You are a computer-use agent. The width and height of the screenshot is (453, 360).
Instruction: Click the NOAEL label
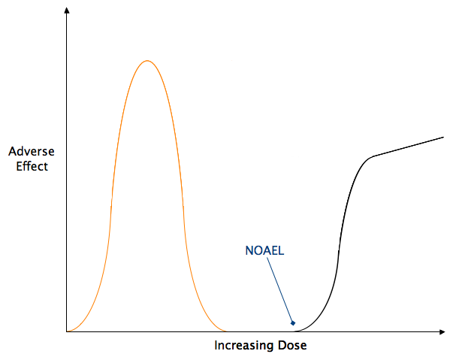point(264,251)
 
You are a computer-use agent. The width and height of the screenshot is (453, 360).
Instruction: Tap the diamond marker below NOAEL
point(293,323)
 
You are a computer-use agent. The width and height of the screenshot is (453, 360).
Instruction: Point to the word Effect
point(32,166)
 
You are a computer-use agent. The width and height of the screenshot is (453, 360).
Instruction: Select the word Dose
point(294,346)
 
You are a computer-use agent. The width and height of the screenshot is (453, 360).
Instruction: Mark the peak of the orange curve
point(147,60)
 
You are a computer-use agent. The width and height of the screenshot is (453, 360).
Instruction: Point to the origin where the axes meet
point(67,331)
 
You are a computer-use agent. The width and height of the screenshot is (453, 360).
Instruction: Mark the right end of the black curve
point(443,138)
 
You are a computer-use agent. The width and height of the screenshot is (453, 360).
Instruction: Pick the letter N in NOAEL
point(249,251)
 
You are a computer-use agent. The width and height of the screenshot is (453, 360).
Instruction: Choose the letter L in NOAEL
point(281,251)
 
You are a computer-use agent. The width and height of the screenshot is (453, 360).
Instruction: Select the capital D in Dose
point(283,346)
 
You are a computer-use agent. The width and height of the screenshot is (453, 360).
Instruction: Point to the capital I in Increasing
point(216,346)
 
